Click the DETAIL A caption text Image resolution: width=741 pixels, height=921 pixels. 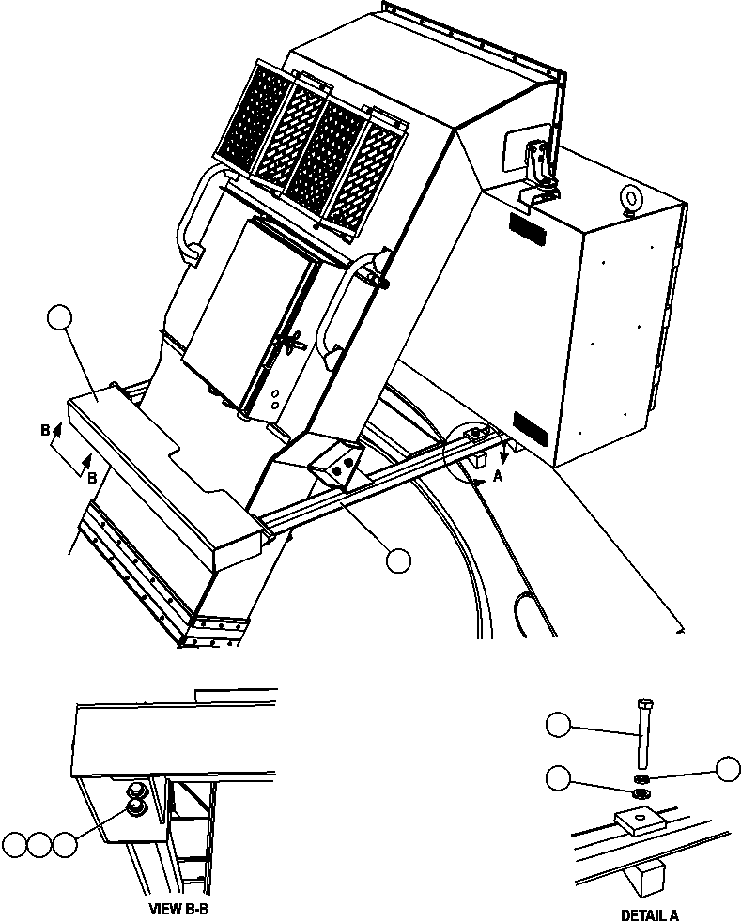[x=649, y=914]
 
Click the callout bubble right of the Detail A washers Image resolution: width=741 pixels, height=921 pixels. [x=728, y=768]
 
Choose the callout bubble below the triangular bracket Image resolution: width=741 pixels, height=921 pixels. [x=397, y=560]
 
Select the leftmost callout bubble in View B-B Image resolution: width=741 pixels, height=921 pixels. [x=13, y=844]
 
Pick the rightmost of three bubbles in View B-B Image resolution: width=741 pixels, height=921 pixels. [x=64, y=844]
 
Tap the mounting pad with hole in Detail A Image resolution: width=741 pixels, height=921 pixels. [x=639, y=824]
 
